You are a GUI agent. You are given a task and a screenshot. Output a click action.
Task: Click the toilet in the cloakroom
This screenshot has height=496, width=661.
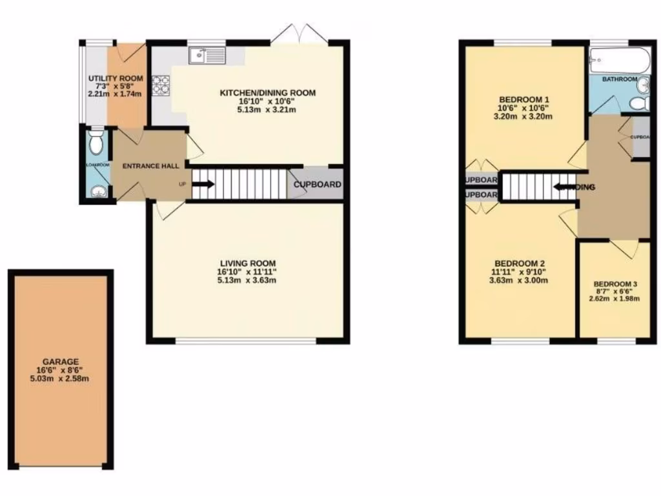pyautogui.click(x=96, y=143)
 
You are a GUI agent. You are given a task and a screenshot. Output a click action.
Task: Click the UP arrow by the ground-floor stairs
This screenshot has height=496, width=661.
pyautogui.click(x=202, y=184)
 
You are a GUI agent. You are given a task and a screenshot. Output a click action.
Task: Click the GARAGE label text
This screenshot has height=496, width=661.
pyautogui.click(x=61, y=362)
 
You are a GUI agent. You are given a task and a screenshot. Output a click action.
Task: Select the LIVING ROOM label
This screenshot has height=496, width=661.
pyautogui.click(x=248, y=263)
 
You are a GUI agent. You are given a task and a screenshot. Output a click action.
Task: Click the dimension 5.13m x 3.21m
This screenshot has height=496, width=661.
pyautogui.click(x=267, y=110)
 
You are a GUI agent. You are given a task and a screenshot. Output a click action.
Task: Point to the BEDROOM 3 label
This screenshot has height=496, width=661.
pyautogui.click(x=616, y=284)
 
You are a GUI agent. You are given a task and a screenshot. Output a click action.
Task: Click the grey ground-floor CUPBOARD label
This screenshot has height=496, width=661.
pyautogui.click(x=317, y=185)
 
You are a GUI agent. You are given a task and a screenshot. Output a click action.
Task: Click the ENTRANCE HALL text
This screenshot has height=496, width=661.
pyautogui.click(x=150, y=167)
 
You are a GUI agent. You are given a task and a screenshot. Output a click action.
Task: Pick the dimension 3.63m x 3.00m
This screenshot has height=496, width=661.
pyautogui.click(x=520, y=280)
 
